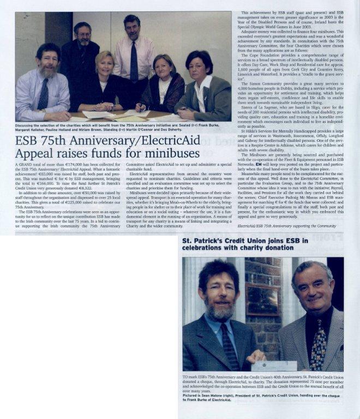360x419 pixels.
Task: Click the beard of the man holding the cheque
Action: [x=220, y=311]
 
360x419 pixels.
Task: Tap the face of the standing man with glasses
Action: [x=82, y=36]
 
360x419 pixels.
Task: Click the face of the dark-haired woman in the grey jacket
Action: [x=198, y=65]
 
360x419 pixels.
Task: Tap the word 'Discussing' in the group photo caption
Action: [x=27, y=125]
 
